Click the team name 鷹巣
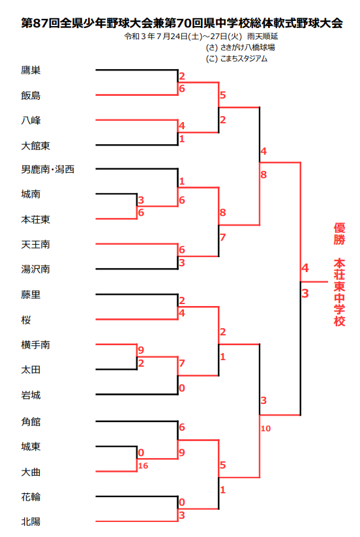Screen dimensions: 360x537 pyautogui.click(x=31, y=70)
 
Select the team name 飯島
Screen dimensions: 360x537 pyautogui.click(x=31, y=95)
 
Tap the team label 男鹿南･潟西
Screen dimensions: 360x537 pyautogui.click(x=48, y=169)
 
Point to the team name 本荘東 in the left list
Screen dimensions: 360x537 pyautogui.click(x=36, y=219)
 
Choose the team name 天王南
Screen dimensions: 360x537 pyautogui.click(x=36, y=245)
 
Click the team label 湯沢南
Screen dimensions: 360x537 pyautogui.click(x=36, y=269)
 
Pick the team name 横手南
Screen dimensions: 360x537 pyautogui.click(x=36, y=345)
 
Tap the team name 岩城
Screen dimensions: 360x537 pyautogui.click(x=31, y=395)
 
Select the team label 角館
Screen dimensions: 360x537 pyautogui.click(x=31, y=422)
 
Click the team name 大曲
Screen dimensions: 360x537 pyautogui.click(x=31, y=472)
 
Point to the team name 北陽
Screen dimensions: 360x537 pyautogui.click(x=31, y=521)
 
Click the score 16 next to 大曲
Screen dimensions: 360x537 pyautogui.click(x=143, y=466)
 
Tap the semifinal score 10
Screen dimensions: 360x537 pyautogui.click(x=265, y=429)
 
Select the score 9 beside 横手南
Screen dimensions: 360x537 pyautogui.click(x=141, y=350)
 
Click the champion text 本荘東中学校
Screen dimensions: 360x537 pyautogui.click(x=340, y=292)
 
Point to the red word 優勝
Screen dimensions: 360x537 pyautogui.click(x=340, y=234)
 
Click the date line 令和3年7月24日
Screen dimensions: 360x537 pyautogui.click(x=155, y=37)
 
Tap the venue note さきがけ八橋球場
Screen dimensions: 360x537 pyautogui.click(x=247, y=48)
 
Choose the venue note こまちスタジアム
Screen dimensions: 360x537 pyautogui.click(x=244, y=59)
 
